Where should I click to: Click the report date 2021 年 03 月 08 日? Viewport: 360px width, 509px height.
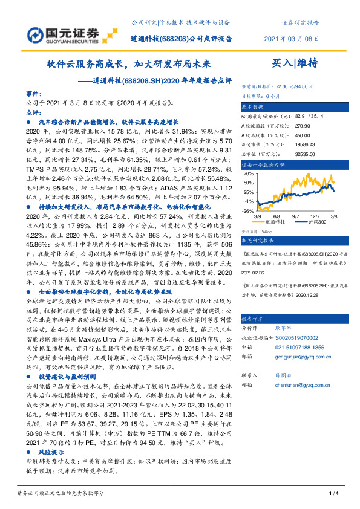[x=291, y=39]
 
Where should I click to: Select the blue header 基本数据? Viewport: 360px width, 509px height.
[x=252, y=105]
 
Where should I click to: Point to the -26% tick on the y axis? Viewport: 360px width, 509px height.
[x=249, y=211]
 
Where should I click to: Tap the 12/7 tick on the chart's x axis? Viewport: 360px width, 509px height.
[x=315, y=216]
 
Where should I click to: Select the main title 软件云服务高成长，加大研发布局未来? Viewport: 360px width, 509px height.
[x=129, y=62]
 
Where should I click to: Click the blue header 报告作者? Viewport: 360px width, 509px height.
[x=253, y=319]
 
